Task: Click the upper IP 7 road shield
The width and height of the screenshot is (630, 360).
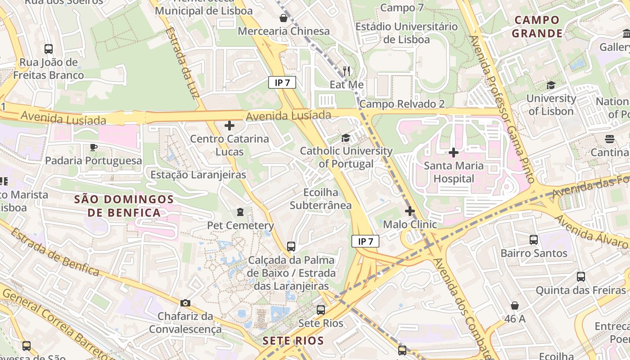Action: coord(282,82)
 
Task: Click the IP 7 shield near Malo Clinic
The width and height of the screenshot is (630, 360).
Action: coord(365,242)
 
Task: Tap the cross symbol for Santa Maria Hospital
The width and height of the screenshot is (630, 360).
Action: coord(454,153)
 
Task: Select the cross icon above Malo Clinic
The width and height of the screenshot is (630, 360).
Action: coord(409,211)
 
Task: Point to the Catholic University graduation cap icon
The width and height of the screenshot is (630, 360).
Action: coord(346,138)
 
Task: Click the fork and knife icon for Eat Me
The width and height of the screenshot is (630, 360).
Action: coord(346,71)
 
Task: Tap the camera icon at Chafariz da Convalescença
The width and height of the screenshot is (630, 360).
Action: coord(185,303)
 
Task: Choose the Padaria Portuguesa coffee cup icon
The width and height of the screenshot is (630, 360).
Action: coord(94,147)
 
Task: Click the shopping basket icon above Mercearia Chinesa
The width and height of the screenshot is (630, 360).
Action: coord(283,18)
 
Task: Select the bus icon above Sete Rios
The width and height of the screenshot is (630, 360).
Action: coord(320,310)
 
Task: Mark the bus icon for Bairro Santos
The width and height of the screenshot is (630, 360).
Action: coord(534,239)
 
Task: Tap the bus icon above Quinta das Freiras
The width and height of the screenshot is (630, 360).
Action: coord(581,276)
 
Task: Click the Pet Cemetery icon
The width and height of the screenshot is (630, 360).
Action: coord(240,211)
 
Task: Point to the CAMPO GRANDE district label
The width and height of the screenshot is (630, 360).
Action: coord(537,27)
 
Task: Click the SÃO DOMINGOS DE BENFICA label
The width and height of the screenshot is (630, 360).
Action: coord(124,206)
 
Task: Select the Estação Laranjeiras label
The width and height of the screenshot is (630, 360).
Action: coord(198,175)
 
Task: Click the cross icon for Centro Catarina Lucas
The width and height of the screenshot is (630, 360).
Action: coord(229,125)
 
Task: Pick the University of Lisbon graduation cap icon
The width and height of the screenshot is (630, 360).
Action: coord(551,85)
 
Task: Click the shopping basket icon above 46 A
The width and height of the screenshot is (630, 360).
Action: coord(515,306)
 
